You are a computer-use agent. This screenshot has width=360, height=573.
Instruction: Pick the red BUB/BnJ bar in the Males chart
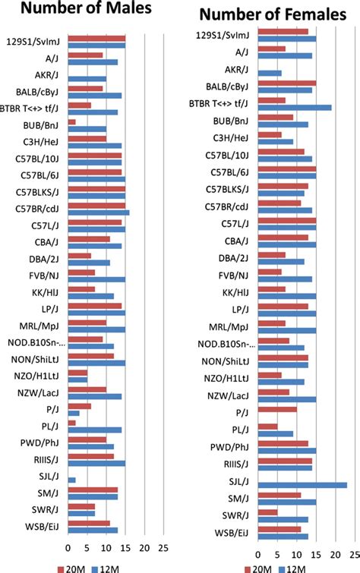[72, 121]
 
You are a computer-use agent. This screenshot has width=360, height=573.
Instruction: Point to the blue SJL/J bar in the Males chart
[72, 480]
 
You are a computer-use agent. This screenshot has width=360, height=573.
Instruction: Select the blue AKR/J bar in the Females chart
[270, 73]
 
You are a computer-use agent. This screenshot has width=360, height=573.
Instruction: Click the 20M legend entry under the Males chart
[76, 566]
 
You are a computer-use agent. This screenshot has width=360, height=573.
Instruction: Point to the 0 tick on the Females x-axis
[259, 552]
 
